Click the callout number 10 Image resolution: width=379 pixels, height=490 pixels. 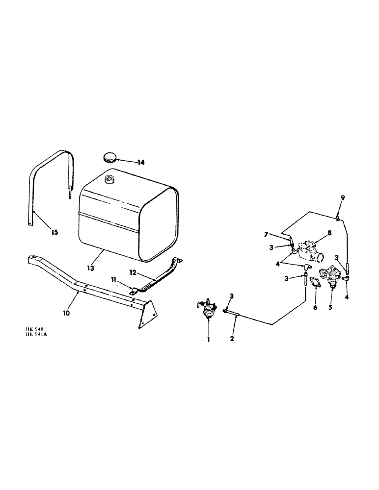67,312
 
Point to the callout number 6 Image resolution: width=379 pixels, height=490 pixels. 316,308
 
